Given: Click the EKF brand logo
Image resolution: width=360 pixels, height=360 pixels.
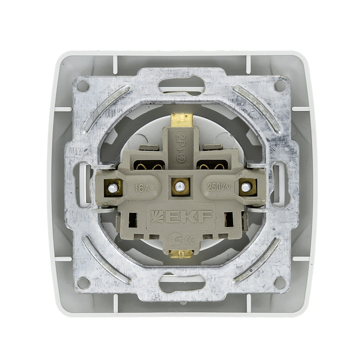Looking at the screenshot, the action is coord(181,217).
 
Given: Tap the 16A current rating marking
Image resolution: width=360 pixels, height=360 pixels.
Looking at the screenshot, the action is coord(142,188).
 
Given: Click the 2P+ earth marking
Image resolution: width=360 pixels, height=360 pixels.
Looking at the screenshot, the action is coord(181,148).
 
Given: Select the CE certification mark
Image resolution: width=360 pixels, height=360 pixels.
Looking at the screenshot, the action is coord(190,240).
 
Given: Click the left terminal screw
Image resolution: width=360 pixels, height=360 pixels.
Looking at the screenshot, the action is coord(113,188).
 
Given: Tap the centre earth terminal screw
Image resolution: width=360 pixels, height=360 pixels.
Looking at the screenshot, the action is coord(180,186).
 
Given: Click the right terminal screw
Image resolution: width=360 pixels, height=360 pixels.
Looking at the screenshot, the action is coord(246,187).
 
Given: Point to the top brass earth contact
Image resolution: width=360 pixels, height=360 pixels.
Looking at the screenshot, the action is coord(182,119).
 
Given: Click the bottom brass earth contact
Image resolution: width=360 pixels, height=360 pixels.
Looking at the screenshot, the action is coord(181,254).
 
